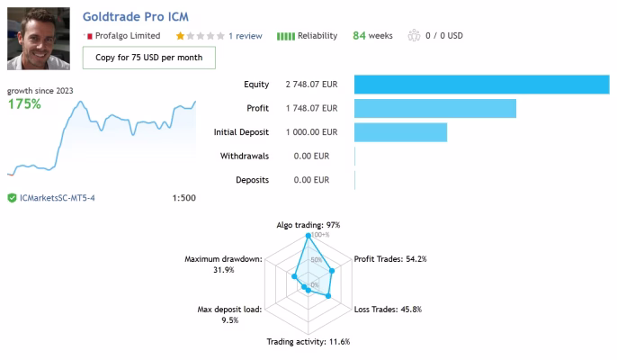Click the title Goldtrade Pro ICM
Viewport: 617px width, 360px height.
[x=135, y=16]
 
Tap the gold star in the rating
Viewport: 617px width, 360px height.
[x=180, y=36]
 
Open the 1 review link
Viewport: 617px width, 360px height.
[x=246, y=36]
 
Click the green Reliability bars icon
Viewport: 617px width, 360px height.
[x=286, y=36]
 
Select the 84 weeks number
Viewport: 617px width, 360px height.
[x=359, y=35]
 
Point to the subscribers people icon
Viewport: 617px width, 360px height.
[x=414, y=35]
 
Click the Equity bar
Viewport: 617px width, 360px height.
[x=482, y=85]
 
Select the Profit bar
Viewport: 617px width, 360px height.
[x=435, y=108]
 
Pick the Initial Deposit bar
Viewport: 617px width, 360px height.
[x=400, y=132]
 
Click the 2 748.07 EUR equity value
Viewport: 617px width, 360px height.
[x=311, y=85]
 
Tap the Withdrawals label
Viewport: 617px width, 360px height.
[x=245, y=156]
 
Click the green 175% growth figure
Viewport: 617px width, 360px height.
[x=24, y=104]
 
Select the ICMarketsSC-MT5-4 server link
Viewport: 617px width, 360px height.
[x=58, y=198]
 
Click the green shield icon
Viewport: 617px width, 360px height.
[x=13, y=198]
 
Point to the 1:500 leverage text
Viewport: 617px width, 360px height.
[x=183, y=198]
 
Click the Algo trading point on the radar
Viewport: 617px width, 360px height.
[x=308, y=236]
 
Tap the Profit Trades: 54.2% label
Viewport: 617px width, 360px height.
[x=390, y=259]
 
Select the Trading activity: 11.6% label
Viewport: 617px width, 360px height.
[x=308, y=341]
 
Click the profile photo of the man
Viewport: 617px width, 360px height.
[x=39, y=39]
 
